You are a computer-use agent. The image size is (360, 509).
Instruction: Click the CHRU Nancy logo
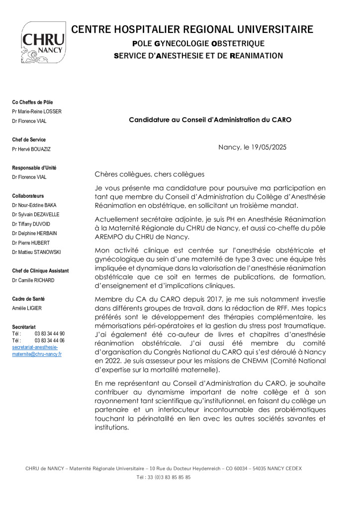pyautogui.click(x=43, y=42)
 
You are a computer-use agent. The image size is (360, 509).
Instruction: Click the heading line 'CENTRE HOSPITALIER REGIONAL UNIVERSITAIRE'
pyautogui.click(x=192, y=29)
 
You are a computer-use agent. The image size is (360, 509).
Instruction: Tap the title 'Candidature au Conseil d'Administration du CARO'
pyautogui.click(x=210, y=120)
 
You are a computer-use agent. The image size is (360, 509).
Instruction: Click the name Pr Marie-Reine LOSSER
pyautogui.click(x=37, y=111)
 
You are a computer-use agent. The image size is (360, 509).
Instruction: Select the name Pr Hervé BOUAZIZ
pyautogui.click(x=31, y=149)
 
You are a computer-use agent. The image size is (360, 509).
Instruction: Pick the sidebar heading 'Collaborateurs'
pyautogui.click(x=28, y=196)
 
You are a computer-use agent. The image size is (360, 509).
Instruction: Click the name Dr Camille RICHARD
pyautogui.click(x=33, y=280)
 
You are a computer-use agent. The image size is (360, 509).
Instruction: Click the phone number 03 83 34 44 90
pyautogui.click(x=49, y=334)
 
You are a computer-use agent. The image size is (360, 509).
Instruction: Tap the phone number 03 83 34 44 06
pyautogui.click(x=49, y=340)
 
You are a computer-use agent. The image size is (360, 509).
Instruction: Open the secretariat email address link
pyautogui.click(x=36, y=351)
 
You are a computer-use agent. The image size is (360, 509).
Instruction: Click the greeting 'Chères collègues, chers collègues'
pyautogui.click(x=149, y=174)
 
